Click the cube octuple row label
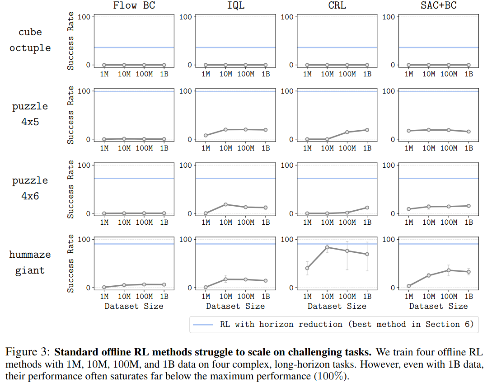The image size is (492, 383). [x=30, y=40]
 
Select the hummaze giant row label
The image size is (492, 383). [x=30, y=262]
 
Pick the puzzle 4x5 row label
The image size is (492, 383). [x=30, y=114]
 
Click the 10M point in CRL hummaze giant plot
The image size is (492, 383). [x=327, y=247]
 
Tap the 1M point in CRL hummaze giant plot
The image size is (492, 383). [x=307, y=268]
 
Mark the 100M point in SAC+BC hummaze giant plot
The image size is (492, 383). [x=449, y=270]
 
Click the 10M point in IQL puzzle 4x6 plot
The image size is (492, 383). [x=226, y=204]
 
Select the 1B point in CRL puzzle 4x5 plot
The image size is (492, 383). [x=367, y=130]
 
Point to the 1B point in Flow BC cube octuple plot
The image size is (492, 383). [x=164, y=65]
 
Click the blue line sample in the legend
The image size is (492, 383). [x=203, y=324]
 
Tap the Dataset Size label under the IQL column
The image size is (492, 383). [x=235, y=306]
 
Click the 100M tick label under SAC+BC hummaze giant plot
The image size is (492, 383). [x=449, y=297]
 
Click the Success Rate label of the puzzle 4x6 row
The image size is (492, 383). [x=71, y=189]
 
